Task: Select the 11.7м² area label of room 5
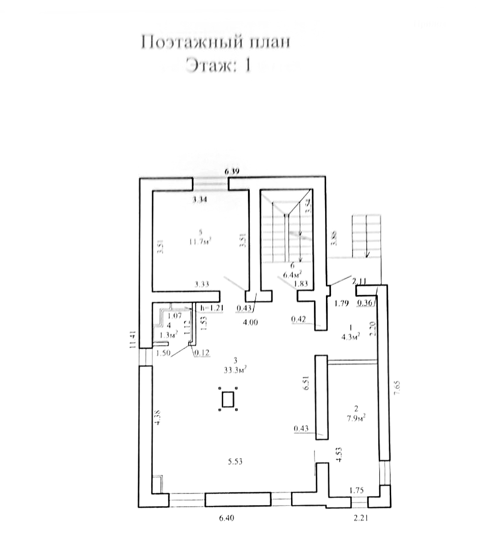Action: pos(200,241)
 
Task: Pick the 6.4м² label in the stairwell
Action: pos(292,275)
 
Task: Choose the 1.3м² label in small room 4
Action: pos(168,335)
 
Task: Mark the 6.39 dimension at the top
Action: pos(233,172)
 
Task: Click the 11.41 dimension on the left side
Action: pos(133,340)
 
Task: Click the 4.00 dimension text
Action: pos(250,323)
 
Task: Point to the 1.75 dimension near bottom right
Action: pos(357,490)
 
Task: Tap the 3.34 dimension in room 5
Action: pos(201,200)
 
